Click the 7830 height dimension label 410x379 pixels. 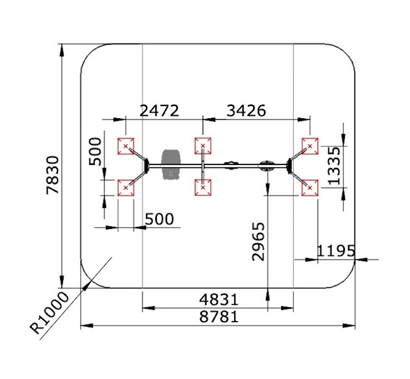tap(53, 175)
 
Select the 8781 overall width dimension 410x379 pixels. tap(219, 317)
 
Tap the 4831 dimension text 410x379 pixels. tap(219, 300)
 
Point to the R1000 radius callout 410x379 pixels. tap(49, 313)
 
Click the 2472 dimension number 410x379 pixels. tap(159, 111)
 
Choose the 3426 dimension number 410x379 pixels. tap(247, 111)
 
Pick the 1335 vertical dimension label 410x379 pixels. tap(335, 166)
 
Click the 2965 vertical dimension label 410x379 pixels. tap(258, 242)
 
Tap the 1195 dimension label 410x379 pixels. tap(336, 251)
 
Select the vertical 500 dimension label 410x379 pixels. tap(95, 152)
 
